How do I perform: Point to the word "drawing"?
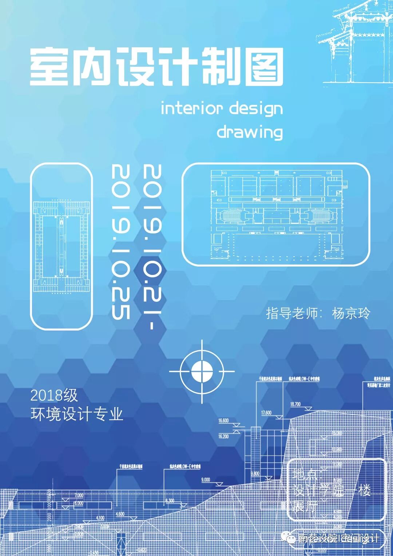[x=250, y=132]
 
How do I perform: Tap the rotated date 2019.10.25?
[x=121, y=242]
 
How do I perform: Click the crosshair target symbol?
[x=202, y=371]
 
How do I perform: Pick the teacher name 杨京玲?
[x=351, y=313]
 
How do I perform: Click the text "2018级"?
[x=54, y=395]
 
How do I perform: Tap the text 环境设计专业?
[x=77, y=414]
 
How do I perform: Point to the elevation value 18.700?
[x=295, y=404]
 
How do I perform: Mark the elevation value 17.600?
[x=266, y=413]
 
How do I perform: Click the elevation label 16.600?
[x=223, y=421]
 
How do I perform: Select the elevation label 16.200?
[x=223, y=436]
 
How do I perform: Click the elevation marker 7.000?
[x=79, y=495]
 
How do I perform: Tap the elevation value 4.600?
[x=120, y=514]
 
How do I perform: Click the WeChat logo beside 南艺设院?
[x=291, y=538]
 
